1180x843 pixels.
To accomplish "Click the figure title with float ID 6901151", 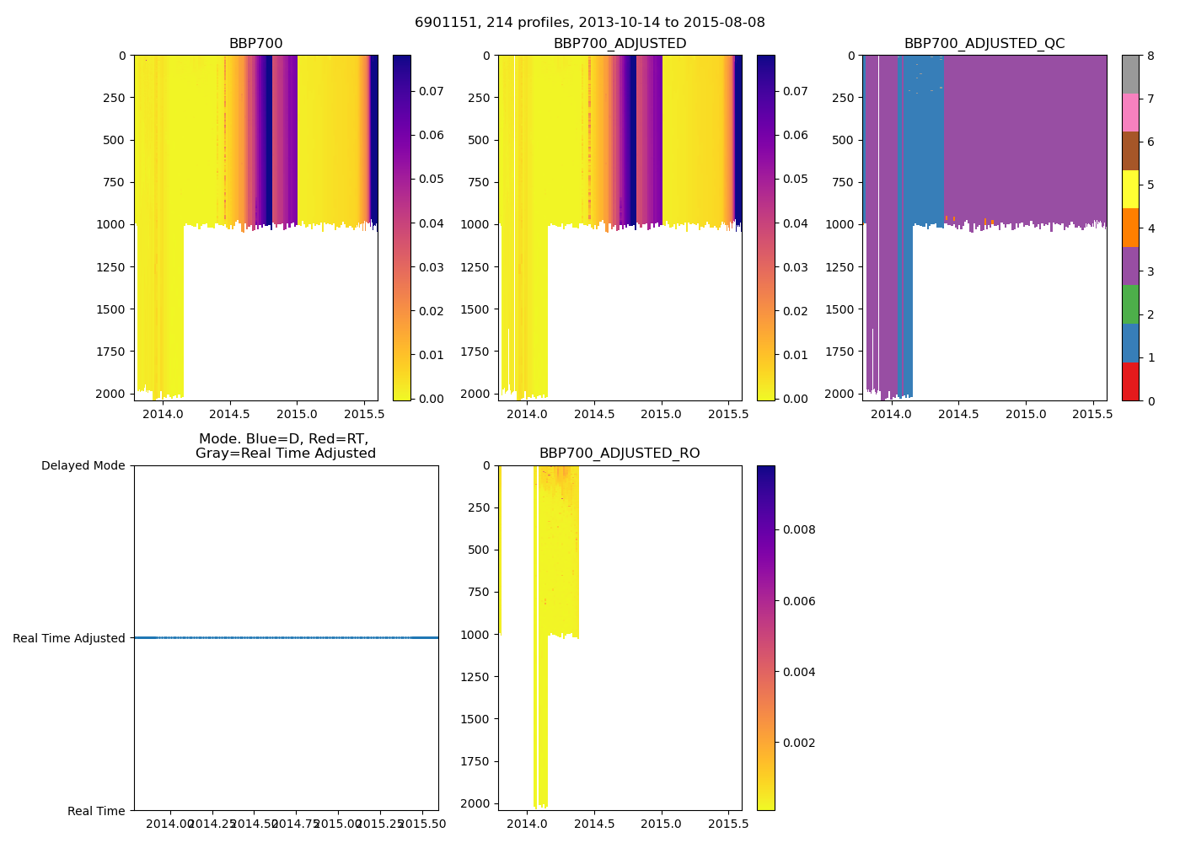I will point(590,23).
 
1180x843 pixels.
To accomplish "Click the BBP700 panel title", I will point(255,44).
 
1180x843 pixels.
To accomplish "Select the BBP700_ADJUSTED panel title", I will point(619,44).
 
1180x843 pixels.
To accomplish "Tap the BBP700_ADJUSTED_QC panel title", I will point(984,44).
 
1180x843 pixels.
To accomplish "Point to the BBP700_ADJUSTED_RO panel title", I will point(619,454).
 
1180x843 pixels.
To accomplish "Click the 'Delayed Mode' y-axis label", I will point(83,465).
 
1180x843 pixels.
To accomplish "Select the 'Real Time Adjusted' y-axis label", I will point(69,638).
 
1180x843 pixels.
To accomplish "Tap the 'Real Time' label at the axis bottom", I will point(96,811).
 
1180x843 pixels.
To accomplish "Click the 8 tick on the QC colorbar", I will point(1150,56).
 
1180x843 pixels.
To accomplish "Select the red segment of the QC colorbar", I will point(1130,381).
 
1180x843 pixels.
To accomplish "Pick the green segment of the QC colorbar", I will point(1130,304).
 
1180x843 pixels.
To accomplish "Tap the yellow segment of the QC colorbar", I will point(1130,190).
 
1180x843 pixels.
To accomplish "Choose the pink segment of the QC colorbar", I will point(1130,113).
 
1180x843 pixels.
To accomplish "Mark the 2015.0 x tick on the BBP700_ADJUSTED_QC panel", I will point(1025,414).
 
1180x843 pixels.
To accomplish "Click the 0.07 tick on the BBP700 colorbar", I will point(432,91).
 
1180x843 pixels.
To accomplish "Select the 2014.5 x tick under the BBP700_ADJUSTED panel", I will point(594,414).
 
